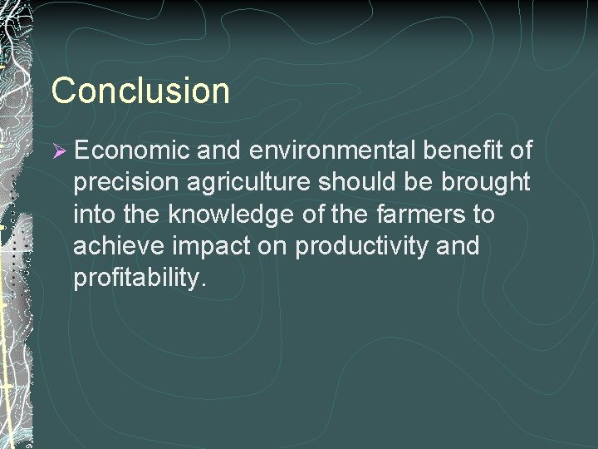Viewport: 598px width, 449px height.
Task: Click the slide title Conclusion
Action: (140, 90)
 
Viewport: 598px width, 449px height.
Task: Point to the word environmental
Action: (336, 150)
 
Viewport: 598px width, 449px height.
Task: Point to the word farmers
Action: (419, 215)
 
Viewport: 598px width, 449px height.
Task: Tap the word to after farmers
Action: (484, 215)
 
